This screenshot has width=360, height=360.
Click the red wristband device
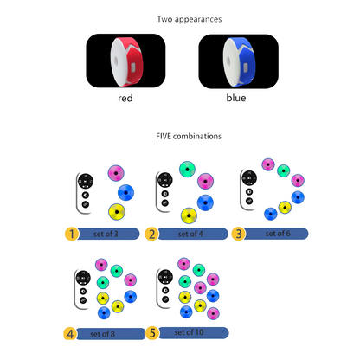pyautogui.click(x=126, y=62)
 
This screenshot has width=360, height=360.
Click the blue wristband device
pyautogui.click(x=239, y=62)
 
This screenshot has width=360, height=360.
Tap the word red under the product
pyautogui.click(x=125, y=98)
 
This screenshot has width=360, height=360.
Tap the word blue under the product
pyautogui.click(x=236, y=98)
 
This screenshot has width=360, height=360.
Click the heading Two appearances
pyautogui.click(x=190, y=19)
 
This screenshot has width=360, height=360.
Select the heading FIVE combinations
pyautogui.click(x=189, y=136)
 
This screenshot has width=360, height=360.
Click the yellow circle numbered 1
pyautogui.click(x=72, y=234)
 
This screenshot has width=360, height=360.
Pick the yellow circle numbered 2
pyautogui.click(x=151, y=234)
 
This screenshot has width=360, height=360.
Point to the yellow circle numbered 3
pyautogui.click(x=239, y=234)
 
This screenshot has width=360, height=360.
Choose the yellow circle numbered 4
pyautogui.click(x=70, y=334)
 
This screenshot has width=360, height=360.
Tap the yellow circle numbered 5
pyautogui.click(x=152, y=333)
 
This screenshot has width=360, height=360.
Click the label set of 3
pyautogui.click(x=106, y=234)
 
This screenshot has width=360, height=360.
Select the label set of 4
pyautogui.click(x=190, y=234)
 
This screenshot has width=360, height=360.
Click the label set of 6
pyautogui.click(x=278, y=234)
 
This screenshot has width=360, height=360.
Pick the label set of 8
pyautogui.click(x=102, y=334)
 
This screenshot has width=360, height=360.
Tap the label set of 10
pyautogui.click(x=189, y=332)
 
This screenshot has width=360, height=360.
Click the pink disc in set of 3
pyautogui.click(x=116, y=173)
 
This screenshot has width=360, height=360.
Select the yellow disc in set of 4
pyautogui.click(x=189, y=215)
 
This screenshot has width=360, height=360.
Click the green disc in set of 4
pyautogui.click(x=187, y=169)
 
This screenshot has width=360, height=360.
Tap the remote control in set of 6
pyautogui.click(x=248, y=190)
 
